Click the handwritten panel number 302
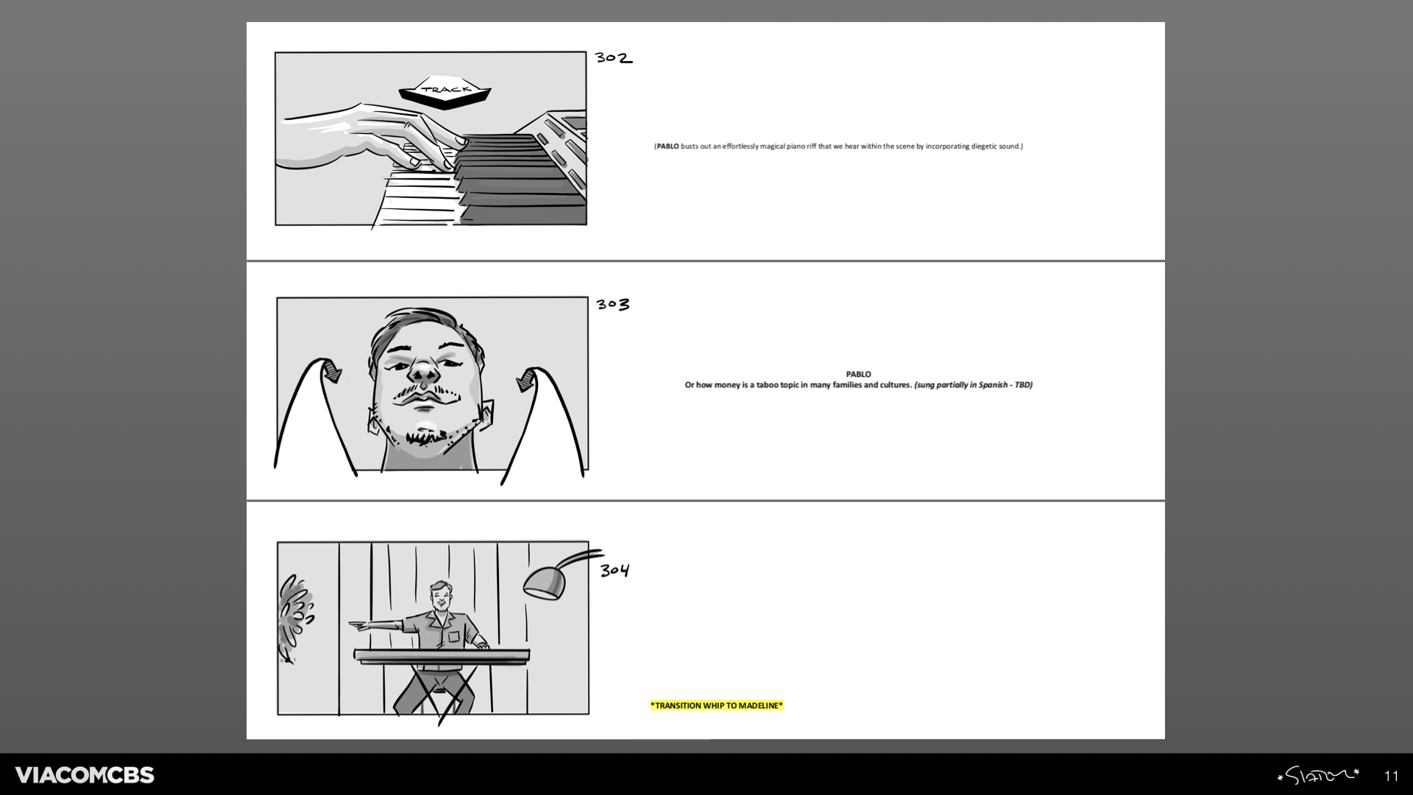[x=614, y=57]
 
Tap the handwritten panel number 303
[x=613, y=304]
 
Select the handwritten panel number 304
[x=615, y=570]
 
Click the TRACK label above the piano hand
[x=445, y=90]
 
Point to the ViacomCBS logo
[x=85, y=774]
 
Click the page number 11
[x=1391, y=776]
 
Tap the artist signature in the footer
[x=1318, y=775]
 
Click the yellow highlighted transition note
[x=717, y=705]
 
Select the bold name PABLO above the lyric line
[x=858, y=374]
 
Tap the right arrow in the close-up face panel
[x=526, y=379]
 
